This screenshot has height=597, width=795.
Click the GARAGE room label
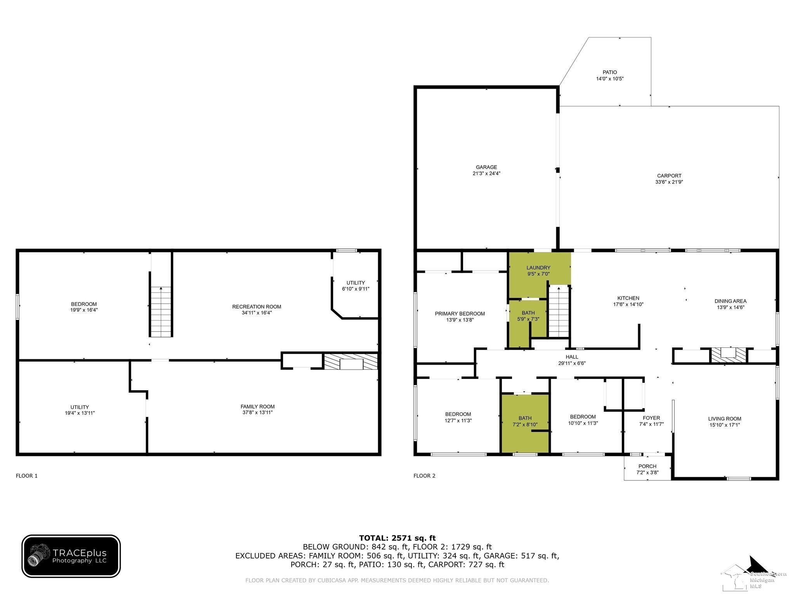[486, 167]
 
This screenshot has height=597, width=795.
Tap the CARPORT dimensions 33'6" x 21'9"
[669, 182]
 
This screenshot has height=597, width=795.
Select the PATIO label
[610, 72]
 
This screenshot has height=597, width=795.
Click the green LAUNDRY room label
[538, 268]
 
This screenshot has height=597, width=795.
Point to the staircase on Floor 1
[161, 312]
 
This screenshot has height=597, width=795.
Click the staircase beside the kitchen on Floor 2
[558, 311]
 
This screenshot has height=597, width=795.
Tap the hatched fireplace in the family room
[351, 361]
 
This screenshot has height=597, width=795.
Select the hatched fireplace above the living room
[728, 355]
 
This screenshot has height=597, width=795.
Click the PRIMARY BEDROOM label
[460, 314]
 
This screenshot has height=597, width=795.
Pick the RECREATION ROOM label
[257, 307]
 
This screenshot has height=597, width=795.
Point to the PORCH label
[647, 466]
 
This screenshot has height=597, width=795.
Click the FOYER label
[651, 418]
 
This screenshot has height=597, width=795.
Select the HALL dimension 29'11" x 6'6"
[572, 363]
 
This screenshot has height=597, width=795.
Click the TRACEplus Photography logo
[71, 556]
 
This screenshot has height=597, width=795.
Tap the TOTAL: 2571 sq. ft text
[397, 538]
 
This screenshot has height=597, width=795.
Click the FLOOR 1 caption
[27, 476]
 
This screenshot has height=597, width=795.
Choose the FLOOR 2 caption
[425, 476]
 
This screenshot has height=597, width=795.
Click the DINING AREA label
[731, 301]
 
